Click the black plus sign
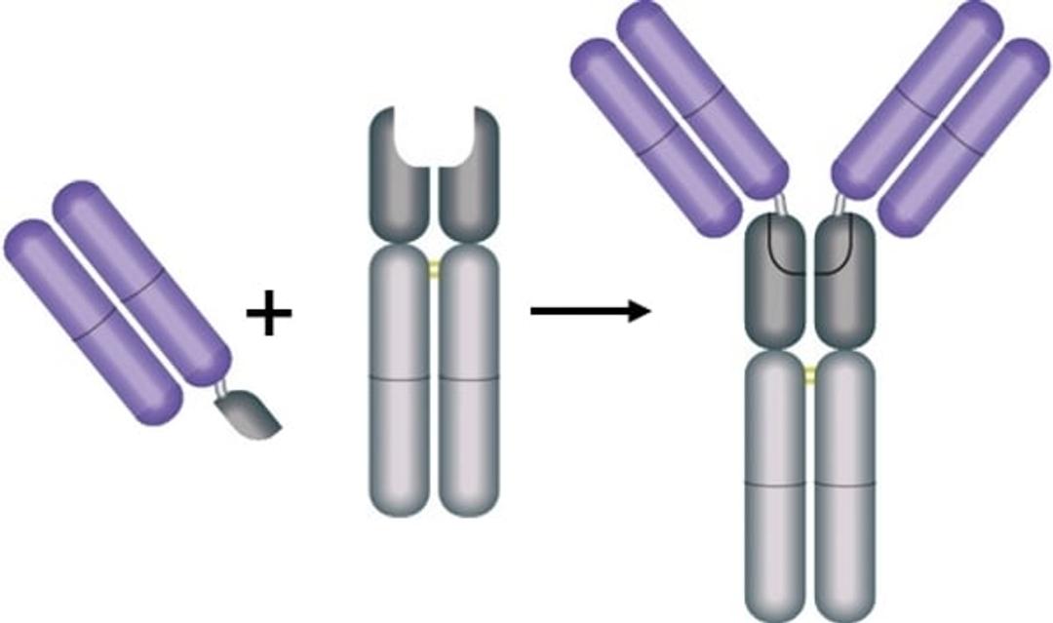click(x=268, y=317)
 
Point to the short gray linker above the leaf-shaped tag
click(x=222, y=387)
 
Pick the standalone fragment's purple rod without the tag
click(x=93, y=322)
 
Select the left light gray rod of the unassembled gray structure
click(x=400, y=380)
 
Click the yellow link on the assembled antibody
click(x=809, y=372)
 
